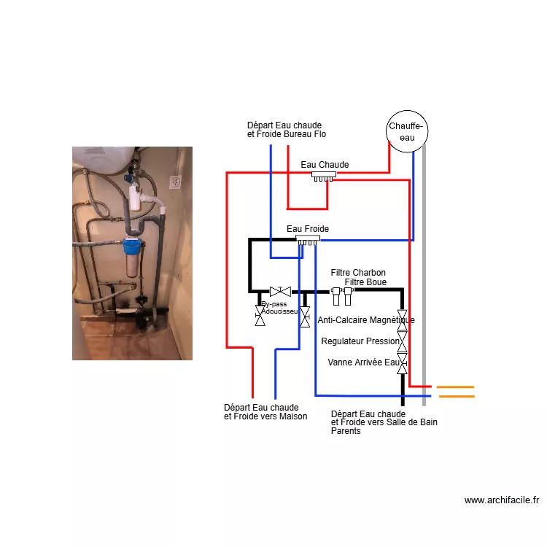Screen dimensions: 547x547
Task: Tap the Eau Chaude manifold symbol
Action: click(324, 176)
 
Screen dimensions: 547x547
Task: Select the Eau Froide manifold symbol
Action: click(308, 241)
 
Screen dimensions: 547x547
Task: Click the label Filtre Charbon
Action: click(358, 273)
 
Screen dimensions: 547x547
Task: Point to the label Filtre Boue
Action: click(365, 282)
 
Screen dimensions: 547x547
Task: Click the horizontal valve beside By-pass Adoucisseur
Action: click(280, 291)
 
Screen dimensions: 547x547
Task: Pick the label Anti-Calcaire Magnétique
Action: click(366, 320)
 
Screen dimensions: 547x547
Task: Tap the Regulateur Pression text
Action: click(360, 341)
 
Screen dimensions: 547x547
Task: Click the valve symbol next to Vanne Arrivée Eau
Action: click(402, 363)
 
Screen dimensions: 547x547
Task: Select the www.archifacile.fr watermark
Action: click(502, 500)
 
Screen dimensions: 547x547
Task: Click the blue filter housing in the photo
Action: click(133, 247)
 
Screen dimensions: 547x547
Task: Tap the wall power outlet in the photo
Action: click(175, 182)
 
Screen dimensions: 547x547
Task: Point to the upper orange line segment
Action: click(455, 387)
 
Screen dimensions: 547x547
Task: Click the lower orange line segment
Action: click(457, 396)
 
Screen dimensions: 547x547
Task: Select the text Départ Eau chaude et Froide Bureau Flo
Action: click(287, 130)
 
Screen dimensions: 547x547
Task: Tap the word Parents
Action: click(346, 431)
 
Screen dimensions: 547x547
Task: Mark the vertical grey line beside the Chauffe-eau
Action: click(424, 276)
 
